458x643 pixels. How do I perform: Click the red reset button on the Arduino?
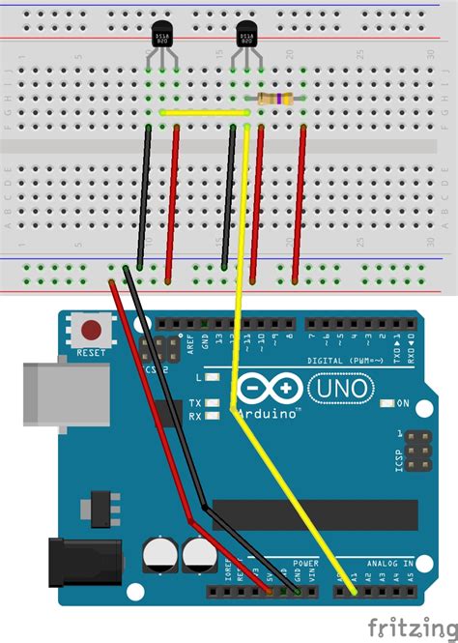(x=94, y=329)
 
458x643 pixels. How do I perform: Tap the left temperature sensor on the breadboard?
(x=162, y=38)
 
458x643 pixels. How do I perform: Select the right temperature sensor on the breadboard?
(x=245, y=38)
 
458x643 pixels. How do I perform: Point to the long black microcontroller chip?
(x=314, y=514)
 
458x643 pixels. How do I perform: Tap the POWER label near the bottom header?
(x=305, y=562)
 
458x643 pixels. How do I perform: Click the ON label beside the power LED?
(x=401, y=402)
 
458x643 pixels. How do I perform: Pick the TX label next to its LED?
(x=195, y=403)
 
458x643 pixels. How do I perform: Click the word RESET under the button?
(x=91, y=353)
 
